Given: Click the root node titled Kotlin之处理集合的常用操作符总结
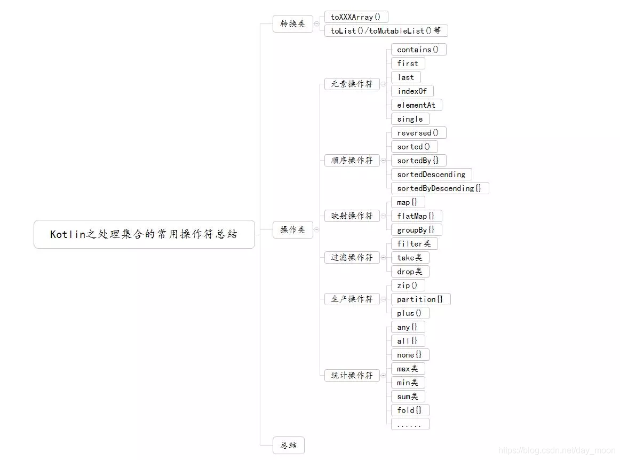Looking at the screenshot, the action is click(144, 234).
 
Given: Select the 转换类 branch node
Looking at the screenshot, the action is click(292, 24).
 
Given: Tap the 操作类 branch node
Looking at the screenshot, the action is click(292, 230).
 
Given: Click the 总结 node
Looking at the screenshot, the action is click(288, 445).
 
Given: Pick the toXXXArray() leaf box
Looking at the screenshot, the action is click(356, 17).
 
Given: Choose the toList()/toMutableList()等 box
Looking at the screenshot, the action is click(386, 31).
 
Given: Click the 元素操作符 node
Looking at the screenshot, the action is click(352, 84).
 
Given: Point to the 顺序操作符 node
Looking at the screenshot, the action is click(352, 161).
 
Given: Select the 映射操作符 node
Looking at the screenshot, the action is click(352, 216).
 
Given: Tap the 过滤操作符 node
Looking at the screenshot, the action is click(352, 258).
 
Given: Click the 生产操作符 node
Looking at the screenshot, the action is click(352, 299).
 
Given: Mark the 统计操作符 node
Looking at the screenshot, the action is click(352, 376).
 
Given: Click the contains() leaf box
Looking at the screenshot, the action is click(418, 50).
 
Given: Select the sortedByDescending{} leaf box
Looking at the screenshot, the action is click(440, 188).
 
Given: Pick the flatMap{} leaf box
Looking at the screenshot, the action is click(416, 216).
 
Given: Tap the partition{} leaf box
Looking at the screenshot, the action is click(420, 299).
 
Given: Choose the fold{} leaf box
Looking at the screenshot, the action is click(410, 410).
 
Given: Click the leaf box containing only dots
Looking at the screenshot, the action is click(410, 424).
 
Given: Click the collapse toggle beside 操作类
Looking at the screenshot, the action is click(316, 230).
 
